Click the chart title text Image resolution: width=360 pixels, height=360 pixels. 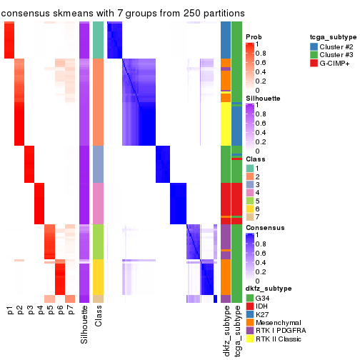tap(123, 13)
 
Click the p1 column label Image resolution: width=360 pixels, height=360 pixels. tap(10, 311)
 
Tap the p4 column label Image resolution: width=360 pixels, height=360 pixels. tap(40, 311)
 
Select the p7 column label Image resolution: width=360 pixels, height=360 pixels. tap(70, 311)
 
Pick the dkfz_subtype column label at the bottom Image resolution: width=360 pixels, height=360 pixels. tap(226, 330)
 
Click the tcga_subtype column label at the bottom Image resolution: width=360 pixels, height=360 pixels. tap(236, 329)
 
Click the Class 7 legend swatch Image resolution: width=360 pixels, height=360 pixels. tap(249, 217)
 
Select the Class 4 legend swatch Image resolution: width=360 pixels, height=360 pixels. tap(249, 191)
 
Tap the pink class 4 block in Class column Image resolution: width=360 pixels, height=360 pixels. tap(99, 203)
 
